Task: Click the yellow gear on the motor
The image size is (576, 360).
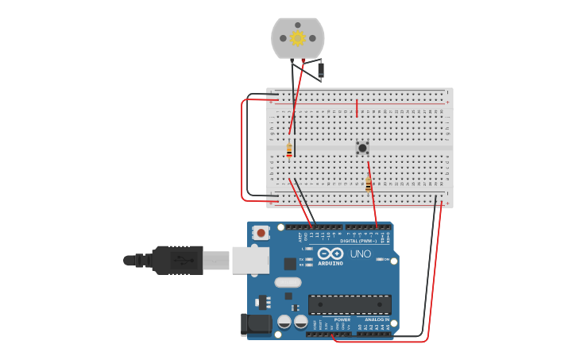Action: point(298,37)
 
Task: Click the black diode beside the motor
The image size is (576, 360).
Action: point(321,71)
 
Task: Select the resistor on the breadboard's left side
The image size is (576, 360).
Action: point(289,149)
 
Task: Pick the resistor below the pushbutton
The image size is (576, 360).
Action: point(368,184)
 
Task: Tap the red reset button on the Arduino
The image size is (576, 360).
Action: point(261,233)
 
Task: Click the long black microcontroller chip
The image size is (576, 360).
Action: point(350,304)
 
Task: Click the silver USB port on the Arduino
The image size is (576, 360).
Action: point(250,260)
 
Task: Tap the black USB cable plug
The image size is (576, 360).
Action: point(179,260)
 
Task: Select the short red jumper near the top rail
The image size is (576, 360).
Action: point(357,107)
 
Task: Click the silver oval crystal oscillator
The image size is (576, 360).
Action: point(288,282)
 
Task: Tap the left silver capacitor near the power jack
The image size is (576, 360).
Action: point(284,322)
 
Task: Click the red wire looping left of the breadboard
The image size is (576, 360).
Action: point(242,151)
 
